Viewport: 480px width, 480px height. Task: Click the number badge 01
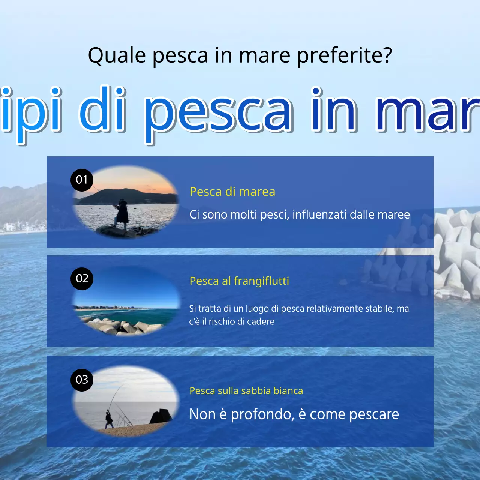(x=82, y=180)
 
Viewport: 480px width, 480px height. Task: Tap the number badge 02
(x=82, y=279)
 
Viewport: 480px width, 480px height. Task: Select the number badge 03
(x=82, y=380)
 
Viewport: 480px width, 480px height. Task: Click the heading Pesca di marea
(x=232, y=192)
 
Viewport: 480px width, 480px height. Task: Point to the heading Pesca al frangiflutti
(x=239, y=281)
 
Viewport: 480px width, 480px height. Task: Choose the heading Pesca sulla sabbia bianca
(x=246, y=391)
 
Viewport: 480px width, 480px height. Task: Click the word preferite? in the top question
(x=344, y=55)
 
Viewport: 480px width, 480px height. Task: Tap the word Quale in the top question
(x=117, y=55)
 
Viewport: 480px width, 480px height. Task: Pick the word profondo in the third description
(x=262, y=414)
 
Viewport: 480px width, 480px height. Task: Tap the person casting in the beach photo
(x=109, y=419)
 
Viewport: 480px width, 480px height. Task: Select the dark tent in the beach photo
(x=161, y=416)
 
